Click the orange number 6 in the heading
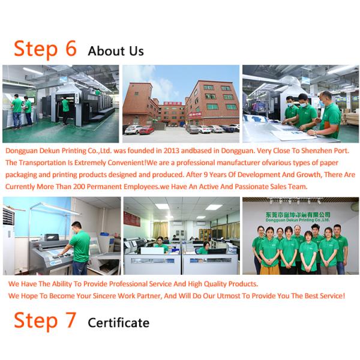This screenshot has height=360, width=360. point(71,48)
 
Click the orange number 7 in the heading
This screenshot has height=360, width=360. point(71,320)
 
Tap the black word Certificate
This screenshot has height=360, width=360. point(118,323)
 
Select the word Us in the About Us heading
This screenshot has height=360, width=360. point(136,51)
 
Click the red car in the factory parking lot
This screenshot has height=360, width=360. point(146,130)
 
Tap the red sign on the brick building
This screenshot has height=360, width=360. point(195,114)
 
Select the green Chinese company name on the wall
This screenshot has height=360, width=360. point(298,215)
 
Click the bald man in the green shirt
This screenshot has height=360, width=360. point(329,115)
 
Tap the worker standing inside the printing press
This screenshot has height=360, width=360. point(65,110)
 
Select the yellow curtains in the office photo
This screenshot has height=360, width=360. point(160,230)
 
